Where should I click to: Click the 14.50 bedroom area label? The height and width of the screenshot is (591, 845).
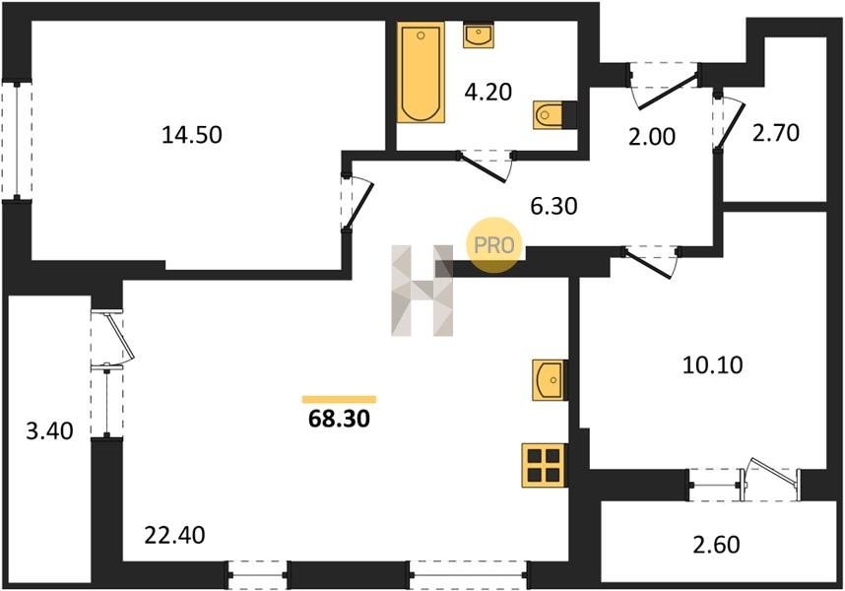192,135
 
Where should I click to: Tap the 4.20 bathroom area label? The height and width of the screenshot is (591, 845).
488,93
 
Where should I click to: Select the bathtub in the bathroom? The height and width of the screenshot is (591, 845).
421,72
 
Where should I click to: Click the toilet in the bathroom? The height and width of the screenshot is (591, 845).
549,114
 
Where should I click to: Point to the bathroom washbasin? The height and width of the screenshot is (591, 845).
478,35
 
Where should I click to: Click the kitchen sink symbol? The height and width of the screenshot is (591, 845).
548,380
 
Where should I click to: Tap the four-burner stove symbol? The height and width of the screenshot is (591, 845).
544,466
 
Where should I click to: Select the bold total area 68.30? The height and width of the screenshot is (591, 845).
339,419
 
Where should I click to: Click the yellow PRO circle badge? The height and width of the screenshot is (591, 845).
494,245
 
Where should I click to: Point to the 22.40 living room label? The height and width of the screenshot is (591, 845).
175,535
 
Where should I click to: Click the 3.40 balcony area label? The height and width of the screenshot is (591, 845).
49,431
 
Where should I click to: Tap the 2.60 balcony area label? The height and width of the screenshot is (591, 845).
716,545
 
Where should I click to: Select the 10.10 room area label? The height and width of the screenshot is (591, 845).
712,364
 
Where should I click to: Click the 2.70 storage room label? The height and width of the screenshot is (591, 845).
776,133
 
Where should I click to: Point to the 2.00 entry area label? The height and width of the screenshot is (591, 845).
652,137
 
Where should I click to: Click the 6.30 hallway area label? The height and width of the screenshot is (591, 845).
554,205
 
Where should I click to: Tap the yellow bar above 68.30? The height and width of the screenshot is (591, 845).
339,399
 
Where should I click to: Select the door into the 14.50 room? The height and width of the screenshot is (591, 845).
357,203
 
